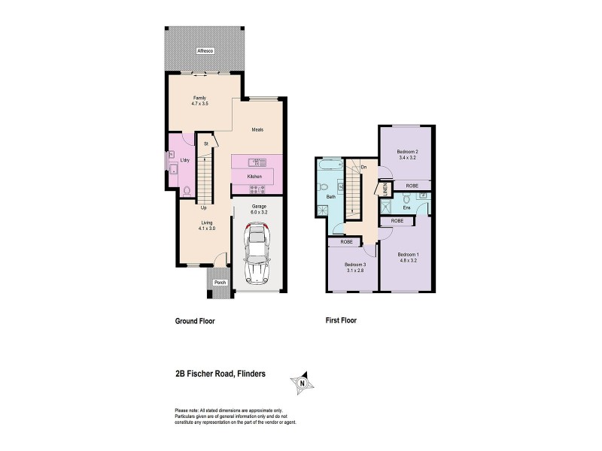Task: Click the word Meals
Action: pos(257,129)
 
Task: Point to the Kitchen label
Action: pos(254,176)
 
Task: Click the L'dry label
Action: pos(185,160)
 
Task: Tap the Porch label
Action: pos(220,283)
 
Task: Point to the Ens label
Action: pos(406,207)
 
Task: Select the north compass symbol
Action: pos(302,383)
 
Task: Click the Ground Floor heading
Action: pos(195,320)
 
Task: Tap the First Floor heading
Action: pos(340,320)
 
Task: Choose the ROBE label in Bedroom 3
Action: pos(346,242)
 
